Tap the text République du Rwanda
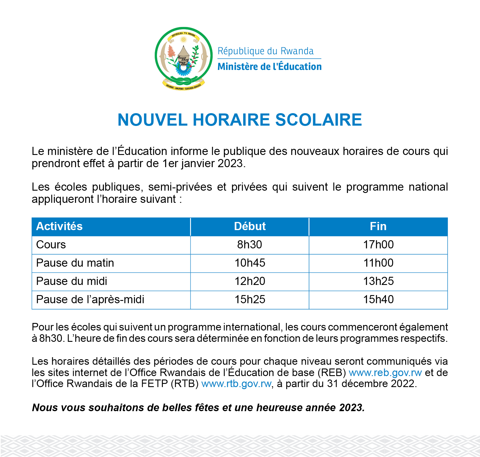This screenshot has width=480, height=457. coord(266,51)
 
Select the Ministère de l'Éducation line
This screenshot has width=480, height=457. coord(270,66)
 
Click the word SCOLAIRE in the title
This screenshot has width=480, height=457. coord(318,120)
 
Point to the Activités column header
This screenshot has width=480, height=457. coord(59,226)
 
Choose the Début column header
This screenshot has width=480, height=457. coord(250,226)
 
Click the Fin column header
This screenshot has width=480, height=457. coord(378,226)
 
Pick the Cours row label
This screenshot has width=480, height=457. coord(51,245)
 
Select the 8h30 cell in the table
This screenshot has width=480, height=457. coord(250,245)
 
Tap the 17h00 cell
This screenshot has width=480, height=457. coord(378,245)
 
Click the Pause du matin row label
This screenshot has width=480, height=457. coord(75,263)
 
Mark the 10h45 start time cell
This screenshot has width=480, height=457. coord(250,263)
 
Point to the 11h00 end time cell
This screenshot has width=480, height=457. coord(378,263)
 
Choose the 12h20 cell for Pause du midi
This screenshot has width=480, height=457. coord(250,281)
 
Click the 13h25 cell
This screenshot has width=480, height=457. coord(378,281)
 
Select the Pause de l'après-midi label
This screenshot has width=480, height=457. coord(90,299)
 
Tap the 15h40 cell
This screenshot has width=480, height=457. coord(378,299)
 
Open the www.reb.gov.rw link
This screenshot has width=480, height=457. coord(385,373)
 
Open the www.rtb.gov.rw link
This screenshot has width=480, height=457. coord(237,384)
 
